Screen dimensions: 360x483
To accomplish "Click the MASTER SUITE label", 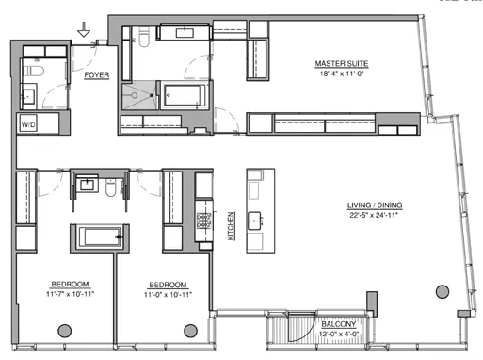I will tap(341, 64).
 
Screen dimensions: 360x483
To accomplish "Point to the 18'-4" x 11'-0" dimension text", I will tap(341, 74).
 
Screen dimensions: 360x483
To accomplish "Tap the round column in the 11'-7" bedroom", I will tap(65, 329).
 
